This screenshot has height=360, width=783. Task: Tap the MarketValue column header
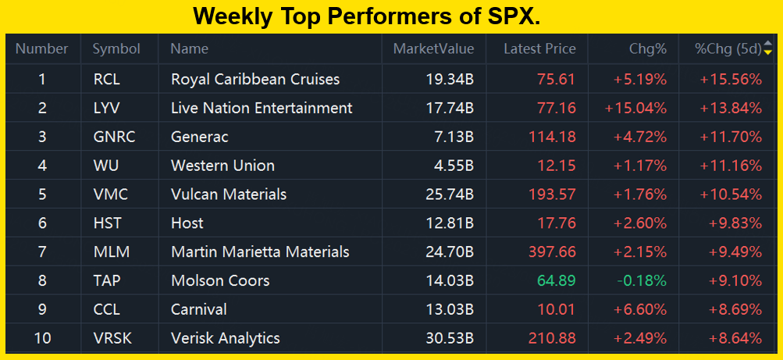pos(433,48)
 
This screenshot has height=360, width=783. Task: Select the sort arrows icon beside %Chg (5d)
pos(767,48)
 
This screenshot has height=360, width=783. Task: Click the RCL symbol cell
pos(106,79)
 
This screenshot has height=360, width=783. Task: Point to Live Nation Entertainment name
pos(262,108)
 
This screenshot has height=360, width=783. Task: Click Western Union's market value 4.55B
pos(450,166)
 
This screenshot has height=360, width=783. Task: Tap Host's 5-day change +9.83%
pos(735,223)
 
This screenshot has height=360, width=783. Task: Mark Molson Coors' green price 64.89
pos(556,281)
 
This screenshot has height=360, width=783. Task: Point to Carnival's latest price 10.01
pos(557,310)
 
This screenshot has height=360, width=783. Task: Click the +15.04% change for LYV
pos(635,108)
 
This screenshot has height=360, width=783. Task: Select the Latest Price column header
pos(539,48)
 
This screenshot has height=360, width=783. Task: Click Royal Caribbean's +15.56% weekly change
pos(731,79)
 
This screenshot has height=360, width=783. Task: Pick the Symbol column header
pos(116,48)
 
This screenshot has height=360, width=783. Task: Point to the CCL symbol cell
pos(106,310)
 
